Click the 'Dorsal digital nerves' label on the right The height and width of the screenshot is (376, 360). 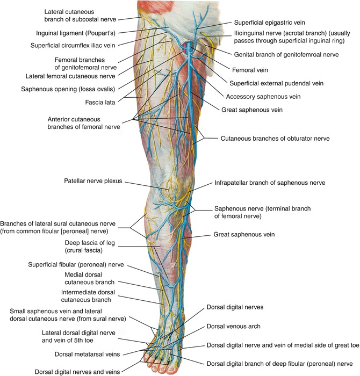pos(235,308)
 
